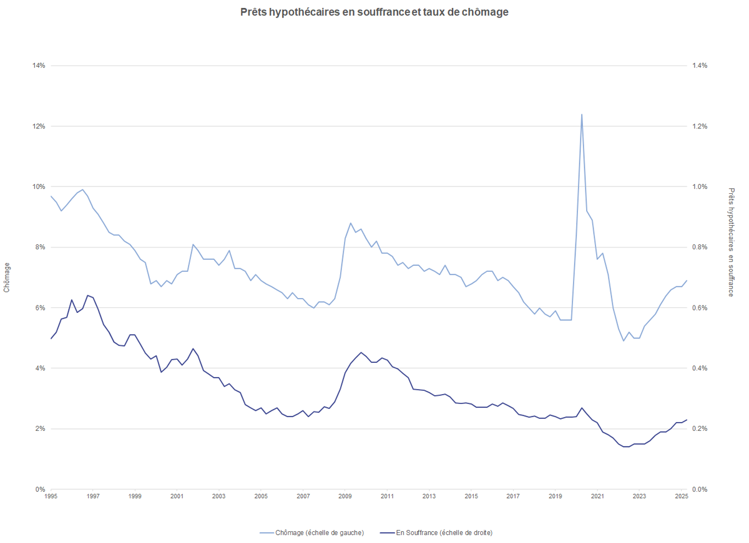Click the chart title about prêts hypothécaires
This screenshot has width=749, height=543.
tap(374, 12)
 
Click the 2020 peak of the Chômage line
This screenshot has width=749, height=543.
tap(582, 115)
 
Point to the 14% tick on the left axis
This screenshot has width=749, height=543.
tap(38, 65)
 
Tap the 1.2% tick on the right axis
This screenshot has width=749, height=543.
tap(699, 126)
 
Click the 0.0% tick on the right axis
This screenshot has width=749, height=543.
tap(699, 489)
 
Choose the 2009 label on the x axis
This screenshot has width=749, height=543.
tap(345, 497)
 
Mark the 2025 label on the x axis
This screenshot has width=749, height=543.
tap(681, 497)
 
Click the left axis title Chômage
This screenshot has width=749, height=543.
tap(7, 277)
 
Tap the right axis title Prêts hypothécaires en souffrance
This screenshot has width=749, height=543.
tap(732, 242)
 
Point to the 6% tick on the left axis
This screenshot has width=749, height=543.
tap(40, 308)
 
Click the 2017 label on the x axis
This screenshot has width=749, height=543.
tap(513, 497)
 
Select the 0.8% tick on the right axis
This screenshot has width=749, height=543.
tap(699, 247)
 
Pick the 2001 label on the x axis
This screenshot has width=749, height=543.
tap(177, 497)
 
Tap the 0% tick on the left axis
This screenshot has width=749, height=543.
tap(40, 489)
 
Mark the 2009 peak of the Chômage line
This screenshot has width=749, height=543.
tap(351, 223)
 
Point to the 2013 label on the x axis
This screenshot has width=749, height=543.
tap(429, 497)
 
